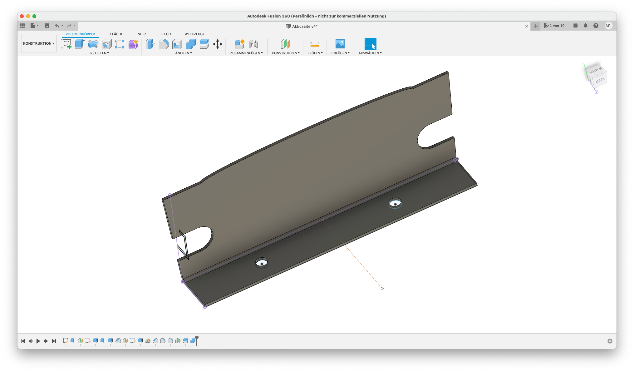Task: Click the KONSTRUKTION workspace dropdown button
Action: tap(39, 43)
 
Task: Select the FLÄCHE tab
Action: tap(116, 34)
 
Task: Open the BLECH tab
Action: tap(165, 34)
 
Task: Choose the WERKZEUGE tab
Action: tap(194, 34)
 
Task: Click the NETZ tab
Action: tap(142, 34)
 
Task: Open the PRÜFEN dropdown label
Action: tap(315, 53)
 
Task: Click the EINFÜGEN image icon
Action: tap(340, 44)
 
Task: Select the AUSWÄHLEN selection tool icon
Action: tap(370, 44)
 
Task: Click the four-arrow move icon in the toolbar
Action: tap(218, 44)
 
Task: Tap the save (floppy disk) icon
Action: tap(47, 26)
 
